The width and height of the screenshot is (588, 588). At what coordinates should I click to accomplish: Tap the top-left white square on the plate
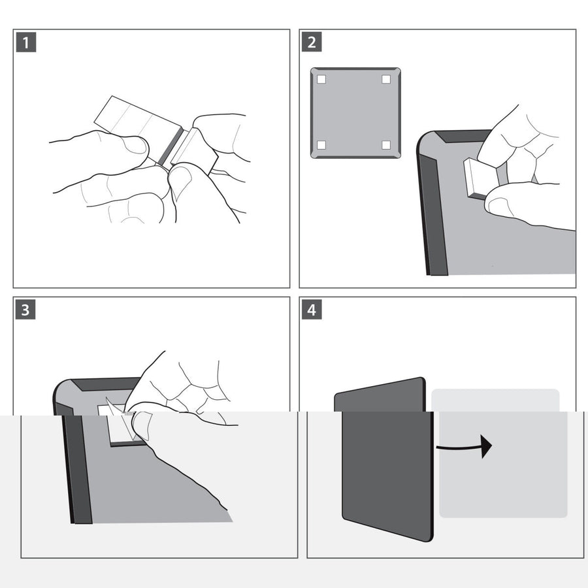[x=321, y=80]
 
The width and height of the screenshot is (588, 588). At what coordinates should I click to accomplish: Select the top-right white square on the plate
[x=386, y=80]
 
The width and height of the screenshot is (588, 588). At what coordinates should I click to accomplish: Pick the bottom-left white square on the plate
[x=321, y=144]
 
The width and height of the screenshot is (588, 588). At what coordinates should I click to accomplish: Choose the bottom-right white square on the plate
[x=386, y=144]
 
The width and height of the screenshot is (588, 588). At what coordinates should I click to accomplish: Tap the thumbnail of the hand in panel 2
[x=500, y=206]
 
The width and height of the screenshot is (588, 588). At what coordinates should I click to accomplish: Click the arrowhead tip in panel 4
[x=491, y=447]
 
